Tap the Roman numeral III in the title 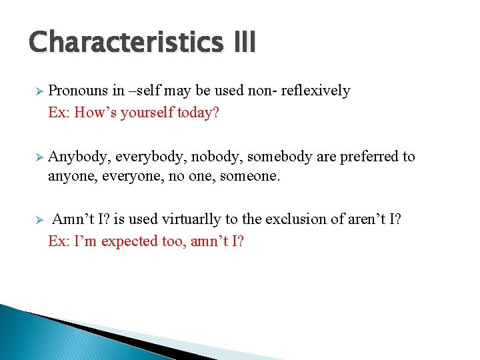[x=244, y=41]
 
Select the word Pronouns [x=76, y=91]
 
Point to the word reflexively [x=315, y=91]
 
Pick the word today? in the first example [x=198, y=113]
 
